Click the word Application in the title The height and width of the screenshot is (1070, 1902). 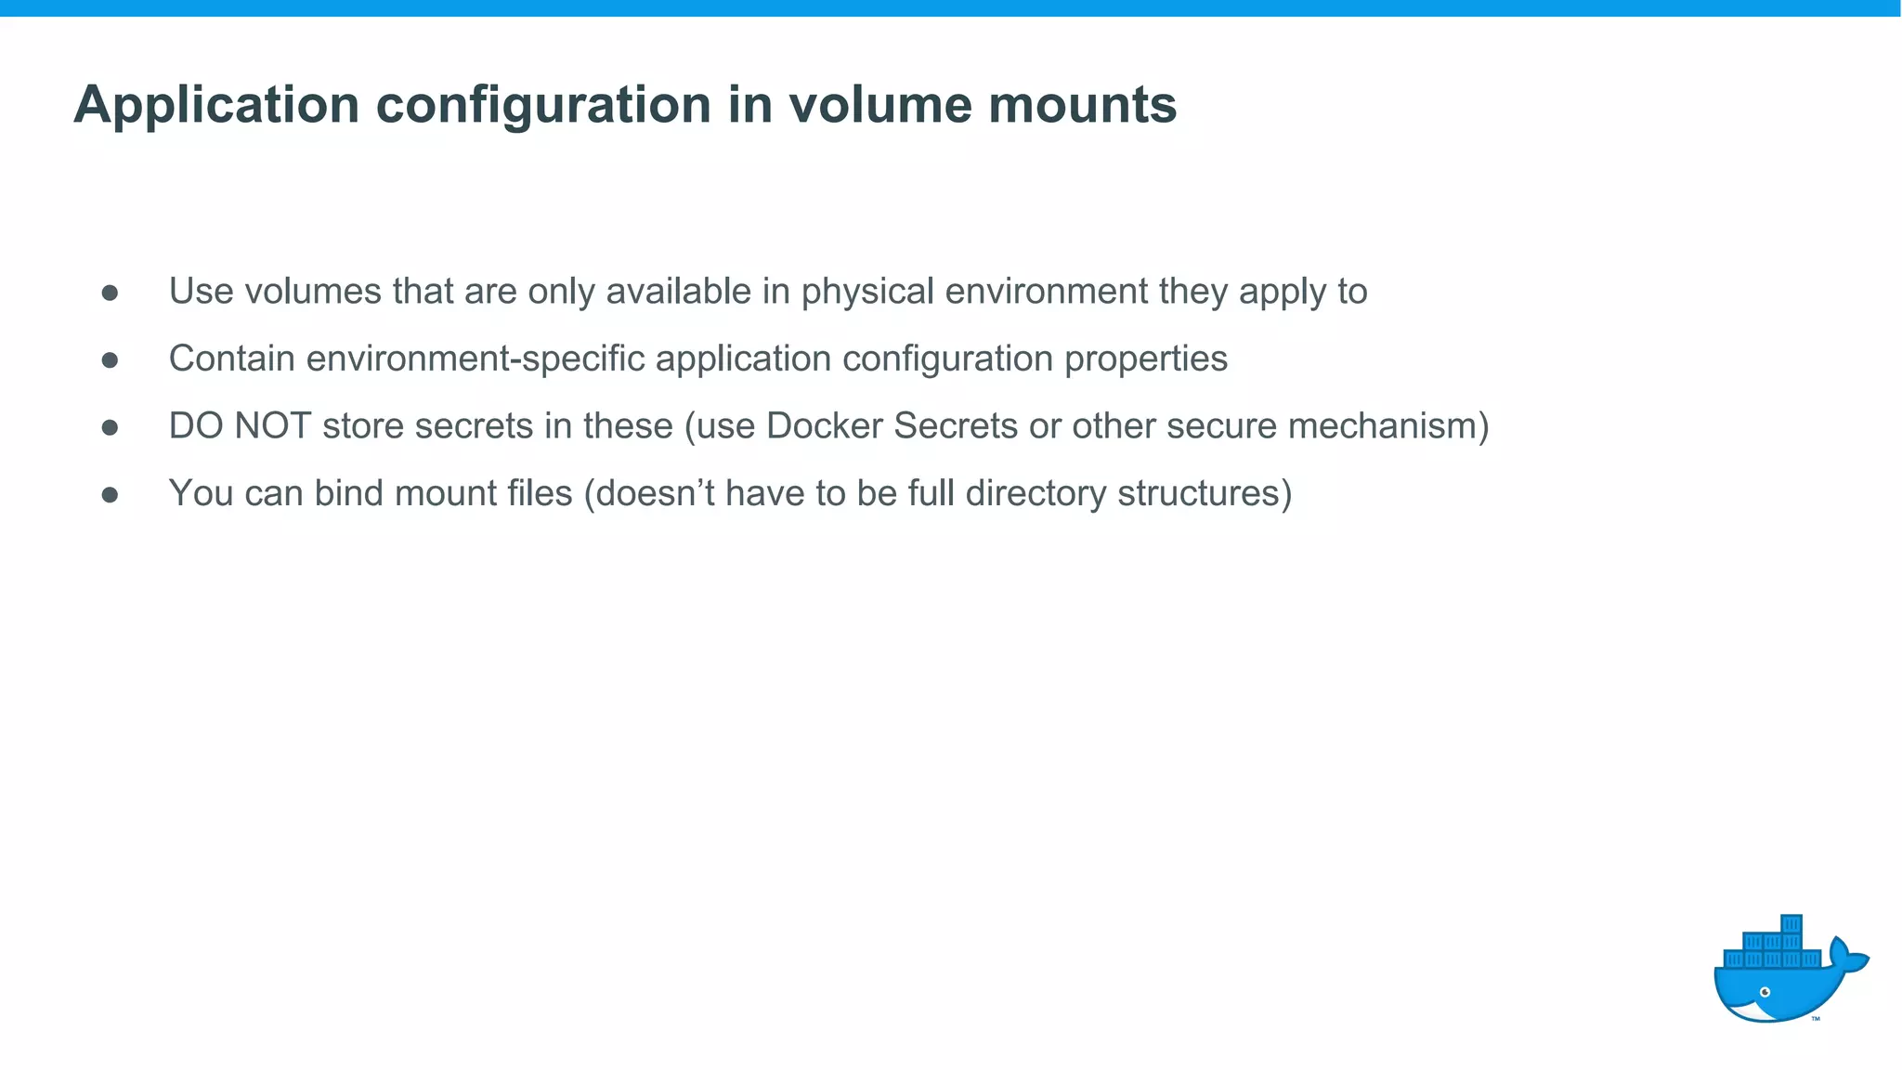[216, 105]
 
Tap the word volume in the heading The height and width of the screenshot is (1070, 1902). [879, 104]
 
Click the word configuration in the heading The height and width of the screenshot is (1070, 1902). [543, 105]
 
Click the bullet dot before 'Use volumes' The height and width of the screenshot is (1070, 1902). [110, 293]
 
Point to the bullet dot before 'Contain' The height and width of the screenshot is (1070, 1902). [110, 360]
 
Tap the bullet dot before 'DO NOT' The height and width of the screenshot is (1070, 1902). [110, 427]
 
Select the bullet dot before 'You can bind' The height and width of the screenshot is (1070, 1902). [110, 495]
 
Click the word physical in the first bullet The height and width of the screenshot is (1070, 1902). [867, 293]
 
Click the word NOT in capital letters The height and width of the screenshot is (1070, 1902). [272, 426]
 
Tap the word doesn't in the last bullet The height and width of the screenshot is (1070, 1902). [655, 493]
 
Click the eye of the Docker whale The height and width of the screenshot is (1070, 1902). [1765, 992]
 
